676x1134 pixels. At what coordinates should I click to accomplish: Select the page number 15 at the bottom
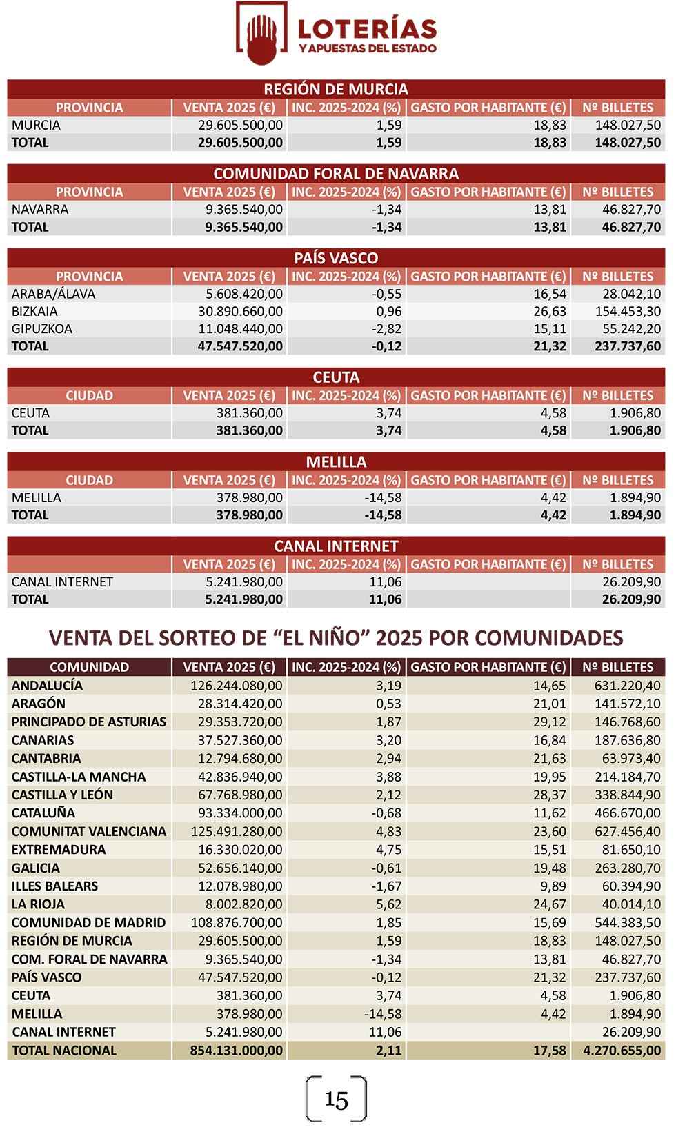point(336,1100)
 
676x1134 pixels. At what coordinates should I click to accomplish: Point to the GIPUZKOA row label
point(42,328)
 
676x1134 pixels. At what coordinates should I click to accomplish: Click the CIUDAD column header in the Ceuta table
point(89,395)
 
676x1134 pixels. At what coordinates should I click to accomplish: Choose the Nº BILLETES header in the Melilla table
point(617,480)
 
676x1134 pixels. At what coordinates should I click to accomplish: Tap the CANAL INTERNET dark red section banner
point(336,546)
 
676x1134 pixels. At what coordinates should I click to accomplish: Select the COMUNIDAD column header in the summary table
point(89,667)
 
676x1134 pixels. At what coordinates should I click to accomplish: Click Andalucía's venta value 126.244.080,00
point(237,686)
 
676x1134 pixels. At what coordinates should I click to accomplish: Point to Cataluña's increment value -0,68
point(386,813)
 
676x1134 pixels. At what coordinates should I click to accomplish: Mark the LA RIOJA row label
point(38,904)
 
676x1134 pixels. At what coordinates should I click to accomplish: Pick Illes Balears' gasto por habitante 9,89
point(554,886)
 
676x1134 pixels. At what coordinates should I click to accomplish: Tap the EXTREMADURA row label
point(59,849)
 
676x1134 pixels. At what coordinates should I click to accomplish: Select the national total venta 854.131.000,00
point(237,1050)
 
